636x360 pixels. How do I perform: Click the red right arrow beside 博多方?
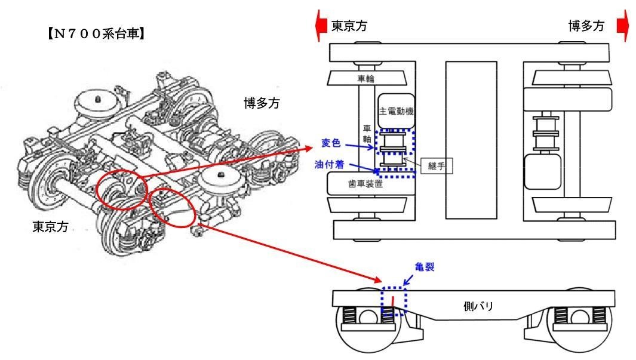[x=622, y=27]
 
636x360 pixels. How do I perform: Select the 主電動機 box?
[x=397, y=112]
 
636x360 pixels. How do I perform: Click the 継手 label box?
[x=435, y=167]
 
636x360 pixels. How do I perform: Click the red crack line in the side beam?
[x=392, y=303]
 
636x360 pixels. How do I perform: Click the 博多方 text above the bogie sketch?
[x=262, y=103]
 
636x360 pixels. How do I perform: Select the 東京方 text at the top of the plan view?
[x=349, y=26]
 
